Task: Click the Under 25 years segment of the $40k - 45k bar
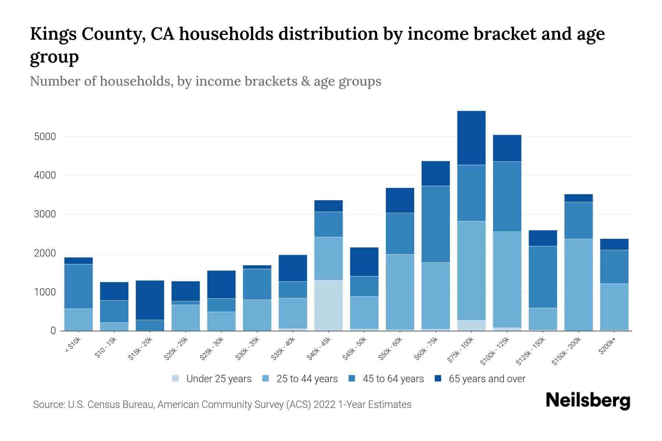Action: [x=328, y=305]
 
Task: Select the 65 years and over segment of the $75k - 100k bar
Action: [x=471, y=138]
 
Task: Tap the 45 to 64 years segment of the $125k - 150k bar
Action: [x=543, y=277]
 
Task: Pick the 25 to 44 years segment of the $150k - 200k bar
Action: [x=579, y=285]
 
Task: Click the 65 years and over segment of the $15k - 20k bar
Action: [x=150, y=300]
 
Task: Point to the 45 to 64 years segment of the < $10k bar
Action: [x=79, y=286]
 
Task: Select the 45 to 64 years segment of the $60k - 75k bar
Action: [x=435, y=224]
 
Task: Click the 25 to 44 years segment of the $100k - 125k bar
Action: [x=507, y=279]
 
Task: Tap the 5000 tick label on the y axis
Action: [x=45, y=137]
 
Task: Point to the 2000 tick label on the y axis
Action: [x=45, y=253]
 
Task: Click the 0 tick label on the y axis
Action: [x=53, y=331]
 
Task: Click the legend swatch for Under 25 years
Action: [x=176, y=378]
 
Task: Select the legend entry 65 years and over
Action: [x=487, y=379]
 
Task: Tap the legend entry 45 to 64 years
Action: [x=393, y=379]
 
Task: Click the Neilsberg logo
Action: [x=588, y=401]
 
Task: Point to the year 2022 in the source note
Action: [x=324, y=405]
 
